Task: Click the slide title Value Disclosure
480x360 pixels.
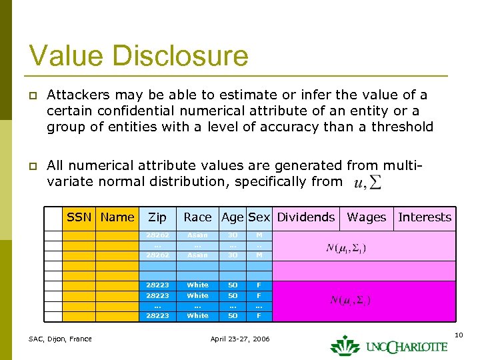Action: (x=139, y=55)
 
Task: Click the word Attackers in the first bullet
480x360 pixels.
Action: (x=74, y=95)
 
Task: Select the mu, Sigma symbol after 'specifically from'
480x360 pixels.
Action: (x=368, y=182)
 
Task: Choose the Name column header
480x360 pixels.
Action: (x=117, y=217)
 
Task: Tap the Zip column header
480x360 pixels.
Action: (x=157, y=217)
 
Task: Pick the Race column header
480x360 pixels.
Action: (x=197, y=217)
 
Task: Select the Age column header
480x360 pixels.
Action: (x=233, y=217)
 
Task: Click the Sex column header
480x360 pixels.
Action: (x=259, y=217)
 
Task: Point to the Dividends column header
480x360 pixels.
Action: (x=306, y=217)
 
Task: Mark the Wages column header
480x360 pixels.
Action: (x=366, y=217)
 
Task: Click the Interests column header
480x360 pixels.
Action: (x=425, y=217)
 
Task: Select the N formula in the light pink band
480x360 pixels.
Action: (x=346, y=249)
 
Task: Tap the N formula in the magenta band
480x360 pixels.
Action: (x=350, y=300)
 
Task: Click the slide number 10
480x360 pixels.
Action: (x=459, y=333)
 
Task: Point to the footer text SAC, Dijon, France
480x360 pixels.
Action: (x=60, y=339)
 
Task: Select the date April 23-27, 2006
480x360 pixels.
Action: (x=240, y=339)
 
